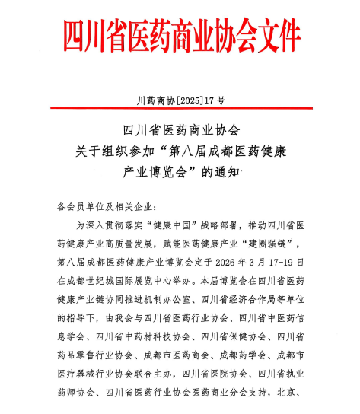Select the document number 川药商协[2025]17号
[x=180, y=100]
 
